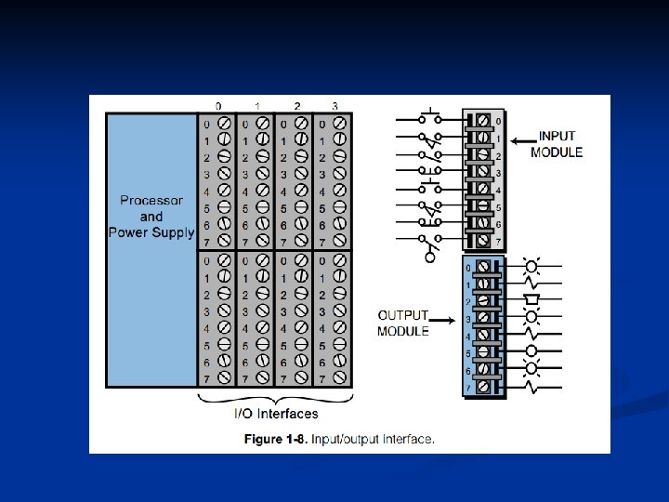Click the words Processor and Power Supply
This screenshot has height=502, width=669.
click(x=151, y=216)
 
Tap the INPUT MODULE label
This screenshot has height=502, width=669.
click(x=557, y=144)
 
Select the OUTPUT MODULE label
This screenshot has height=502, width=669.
click(x=402, y=323)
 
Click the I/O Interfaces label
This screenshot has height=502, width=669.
click(x=276, y=414)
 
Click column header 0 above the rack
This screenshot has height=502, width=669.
click(x=217, y=105)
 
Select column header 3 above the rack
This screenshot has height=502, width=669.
click(x=334, y=105)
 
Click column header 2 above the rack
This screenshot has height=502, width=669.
click(x=295, y=105)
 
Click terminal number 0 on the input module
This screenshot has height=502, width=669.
click(x=498, y=121)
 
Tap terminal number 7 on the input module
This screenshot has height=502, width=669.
click(x=498, y=241)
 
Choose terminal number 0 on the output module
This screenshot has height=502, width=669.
click(x=468, y=268)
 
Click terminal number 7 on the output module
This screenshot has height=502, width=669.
click(x=468, y=387)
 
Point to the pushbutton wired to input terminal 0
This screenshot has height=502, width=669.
click(x=428, y=117)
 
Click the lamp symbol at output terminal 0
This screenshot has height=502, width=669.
click(x=532, y=266)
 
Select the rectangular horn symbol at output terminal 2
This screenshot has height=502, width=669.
click(x=532, y=300)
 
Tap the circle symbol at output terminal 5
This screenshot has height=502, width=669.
click(x=532, y=351)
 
